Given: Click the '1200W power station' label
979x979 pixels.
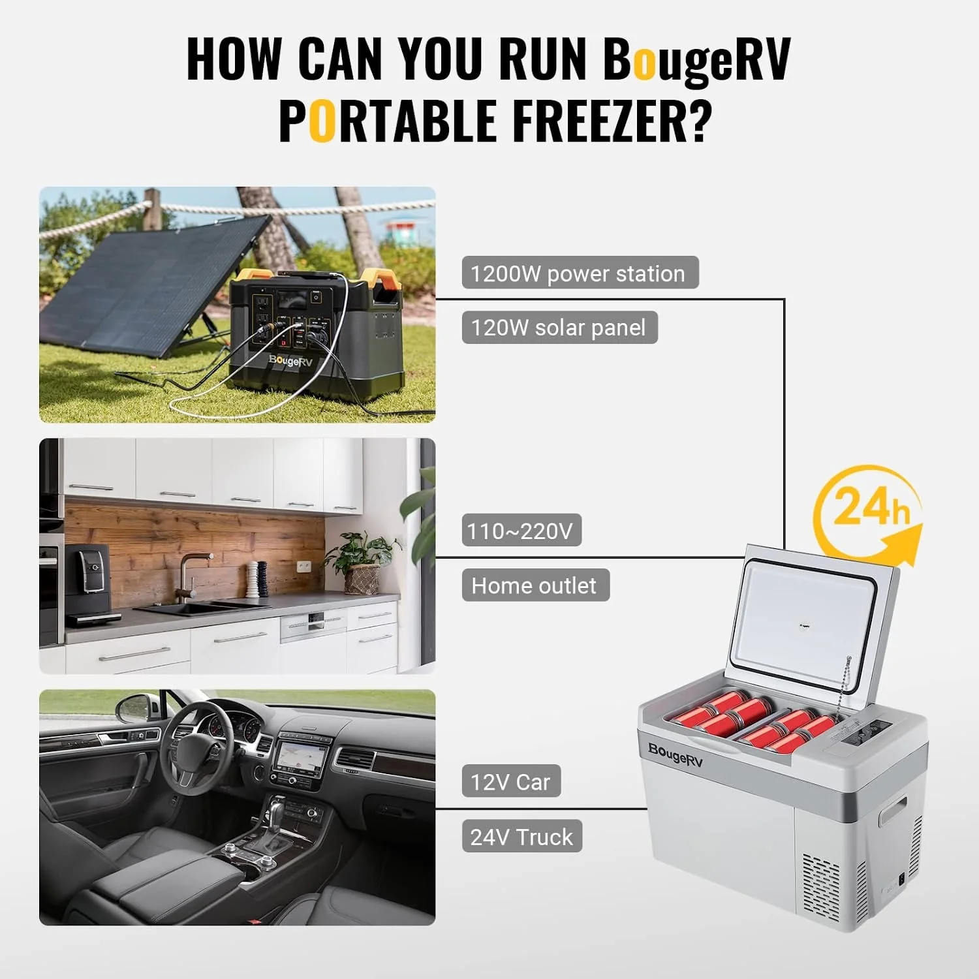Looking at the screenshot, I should (x=580, y=273).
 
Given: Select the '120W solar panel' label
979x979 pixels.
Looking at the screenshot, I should (x=559, y=328).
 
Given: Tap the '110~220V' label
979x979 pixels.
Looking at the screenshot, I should (x=521, y=531).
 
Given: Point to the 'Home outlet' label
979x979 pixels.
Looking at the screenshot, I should (x=535, y=585).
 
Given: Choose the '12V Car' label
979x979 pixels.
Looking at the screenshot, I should (x=511, y=781).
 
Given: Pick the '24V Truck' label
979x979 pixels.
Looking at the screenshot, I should (x=521, y=836).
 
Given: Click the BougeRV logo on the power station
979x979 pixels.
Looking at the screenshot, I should (x=290, y=360).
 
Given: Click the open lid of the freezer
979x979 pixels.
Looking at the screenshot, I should (x=810, y=620).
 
